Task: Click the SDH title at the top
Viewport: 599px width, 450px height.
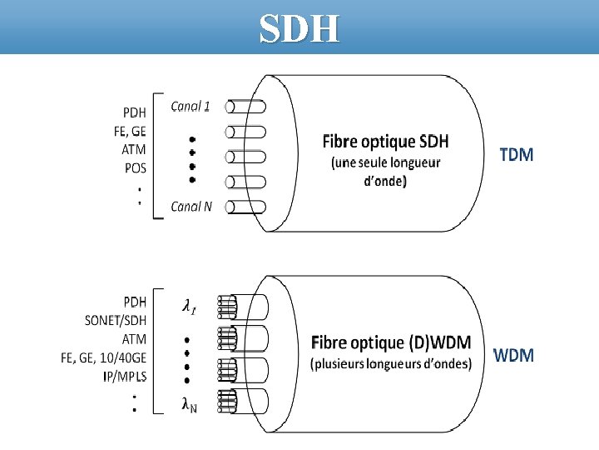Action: point(299,29)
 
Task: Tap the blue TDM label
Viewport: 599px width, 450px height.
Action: point(517,154)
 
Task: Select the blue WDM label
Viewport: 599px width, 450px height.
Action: point(513,356)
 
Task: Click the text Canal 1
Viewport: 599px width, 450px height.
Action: point(191,106)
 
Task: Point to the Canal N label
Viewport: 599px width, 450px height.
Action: point(191,207)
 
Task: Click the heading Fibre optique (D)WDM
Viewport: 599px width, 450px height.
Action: point(391,342)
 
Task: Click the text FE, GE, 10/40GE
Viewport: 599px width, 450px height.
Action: point(104,358)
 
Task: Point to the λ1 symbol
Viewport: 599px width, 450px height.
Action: point(191,307)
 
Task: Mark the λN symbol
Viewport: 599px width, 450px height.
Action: point(190,404)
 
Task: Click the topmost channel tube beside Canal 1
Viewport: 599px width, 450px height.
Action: point(246,107)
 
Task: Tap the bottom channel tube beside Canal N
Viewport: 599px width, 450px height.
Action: point(246,207)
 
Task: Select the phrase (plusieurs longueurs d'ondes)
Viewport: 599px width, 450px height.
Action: point(391,364)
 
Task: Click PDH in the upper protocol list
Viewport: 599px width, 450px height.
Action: point(136,112)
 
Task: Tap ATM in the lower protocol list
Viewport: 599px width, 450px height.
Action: point(134,339)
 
